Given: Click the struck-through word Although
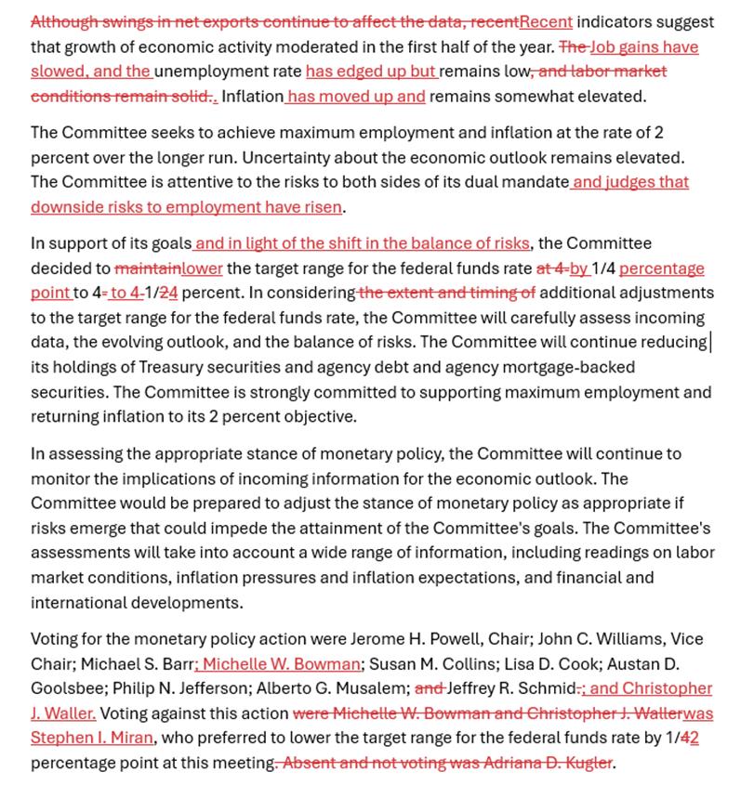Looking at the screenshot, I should [x=65, y=21].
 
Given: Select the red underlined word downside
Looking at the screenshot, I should [x=65, y=207].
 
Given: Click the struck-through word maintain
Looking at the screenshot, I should [x=147, y=268].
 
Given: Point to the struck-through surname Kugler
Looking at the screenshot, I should [x=585, y=764].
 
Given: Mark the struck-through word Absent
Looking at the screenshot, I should [x=308, y=764].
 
